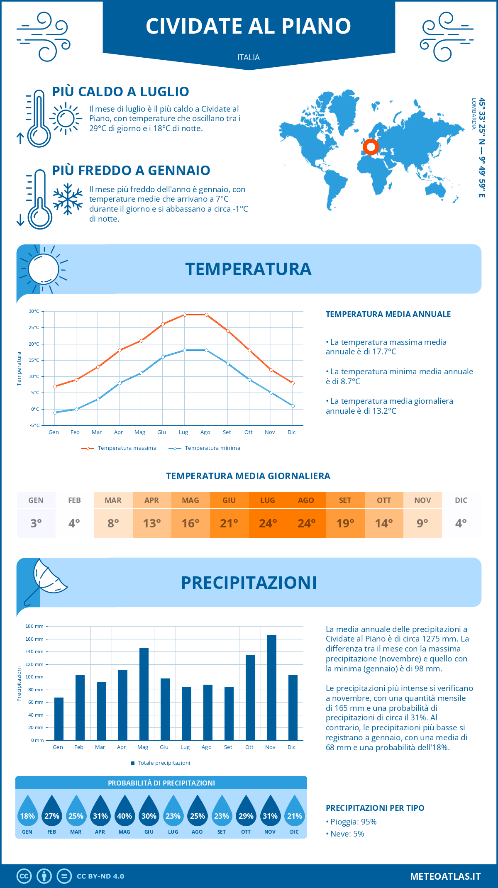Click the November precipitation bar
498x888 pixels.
(271, 688)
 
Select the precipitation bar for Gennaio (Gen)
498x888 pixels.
(59, 719)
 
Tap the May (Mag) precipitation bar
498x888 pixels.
(144, 694)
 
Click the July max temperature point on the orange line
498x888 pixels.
(185, 315)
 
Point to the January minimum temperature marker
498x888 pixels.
(55, 412)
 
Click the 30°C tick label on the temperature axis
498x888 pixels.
(34, 311)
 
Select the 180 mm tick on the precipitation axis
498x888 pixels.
(34, 626)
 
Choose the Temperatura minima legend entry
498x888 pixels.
(205, 448)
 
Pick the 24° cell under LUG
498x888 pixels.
(268, 523)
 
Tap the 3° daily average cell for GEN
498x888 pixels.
(36, 523)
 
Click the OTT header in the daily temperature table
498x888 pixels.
(384, 500)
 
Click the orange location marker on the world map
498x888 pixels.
(371, 146)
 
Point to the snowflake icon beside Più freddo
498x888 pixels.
(68, 199)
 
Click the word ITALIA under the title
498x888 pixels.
(249, 57)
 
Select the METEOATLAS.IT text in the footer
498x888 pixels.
(445, 876)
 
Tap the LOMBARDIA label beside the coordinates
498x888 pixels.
(474, 114)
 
